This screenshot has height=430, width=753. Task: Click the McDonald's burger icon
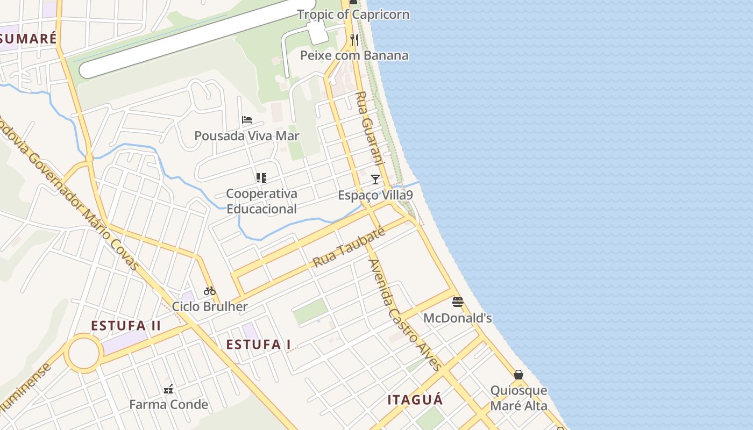(457, 302)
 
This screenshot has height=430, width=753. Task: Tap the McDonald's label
(457, 318)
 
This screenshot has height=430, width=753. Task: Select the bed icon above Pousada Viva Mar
(247, 120)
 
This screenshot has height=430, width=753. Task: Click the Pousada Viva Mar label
(246, 136)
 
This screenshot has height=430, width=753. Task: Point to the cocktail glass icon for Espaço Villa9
(375, 179)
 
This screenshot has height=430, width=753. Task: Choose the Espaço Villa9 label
(375, 195)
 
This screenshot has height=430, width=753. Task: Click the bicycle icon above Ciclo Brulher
(210, 291)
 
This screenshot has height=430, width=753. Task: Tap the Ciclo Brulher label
(210, 307)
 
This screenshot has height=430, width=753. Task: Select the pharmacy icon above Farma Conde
(168, 389)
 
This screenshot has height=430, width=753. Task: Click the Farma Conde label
(168, 405)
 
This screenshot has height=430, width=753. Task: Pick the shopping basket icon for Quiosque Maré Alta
(518, 375)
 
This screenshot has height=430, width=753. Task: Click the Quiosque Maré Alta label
(518, 398)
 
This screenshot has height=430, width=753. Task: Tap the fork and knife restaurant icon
(354, 40)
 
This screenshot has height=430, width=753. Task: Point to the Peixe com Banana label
(354, 55)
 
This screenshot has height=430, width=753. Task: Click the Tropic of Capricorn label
(353, 15)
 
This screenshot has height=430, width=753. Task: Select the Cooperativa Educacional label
(261, 201)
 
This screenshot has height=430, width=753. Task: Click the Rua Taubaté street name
(349, 247)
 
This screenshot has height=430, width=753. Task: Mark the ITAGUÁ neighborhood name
(415, 400)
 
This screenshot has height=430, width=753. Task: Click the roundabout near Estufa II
(84, 354)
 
